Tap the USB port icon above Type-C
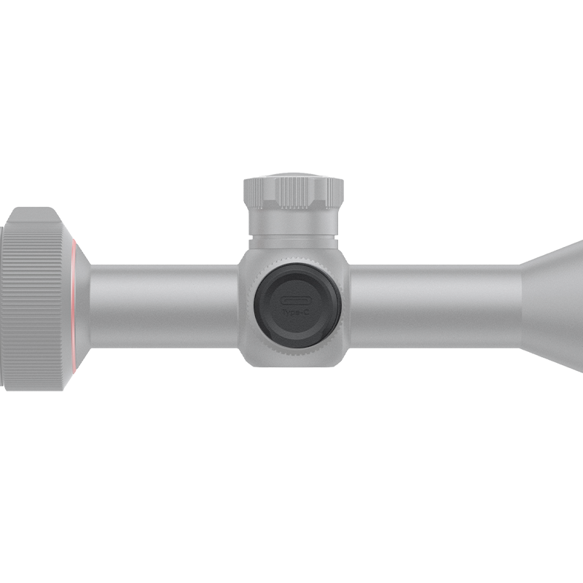click(x=297, y=300)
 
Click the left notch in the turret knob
click(x=271, y=194)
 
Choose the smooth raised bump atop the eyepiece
click(x=33, y=215)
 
